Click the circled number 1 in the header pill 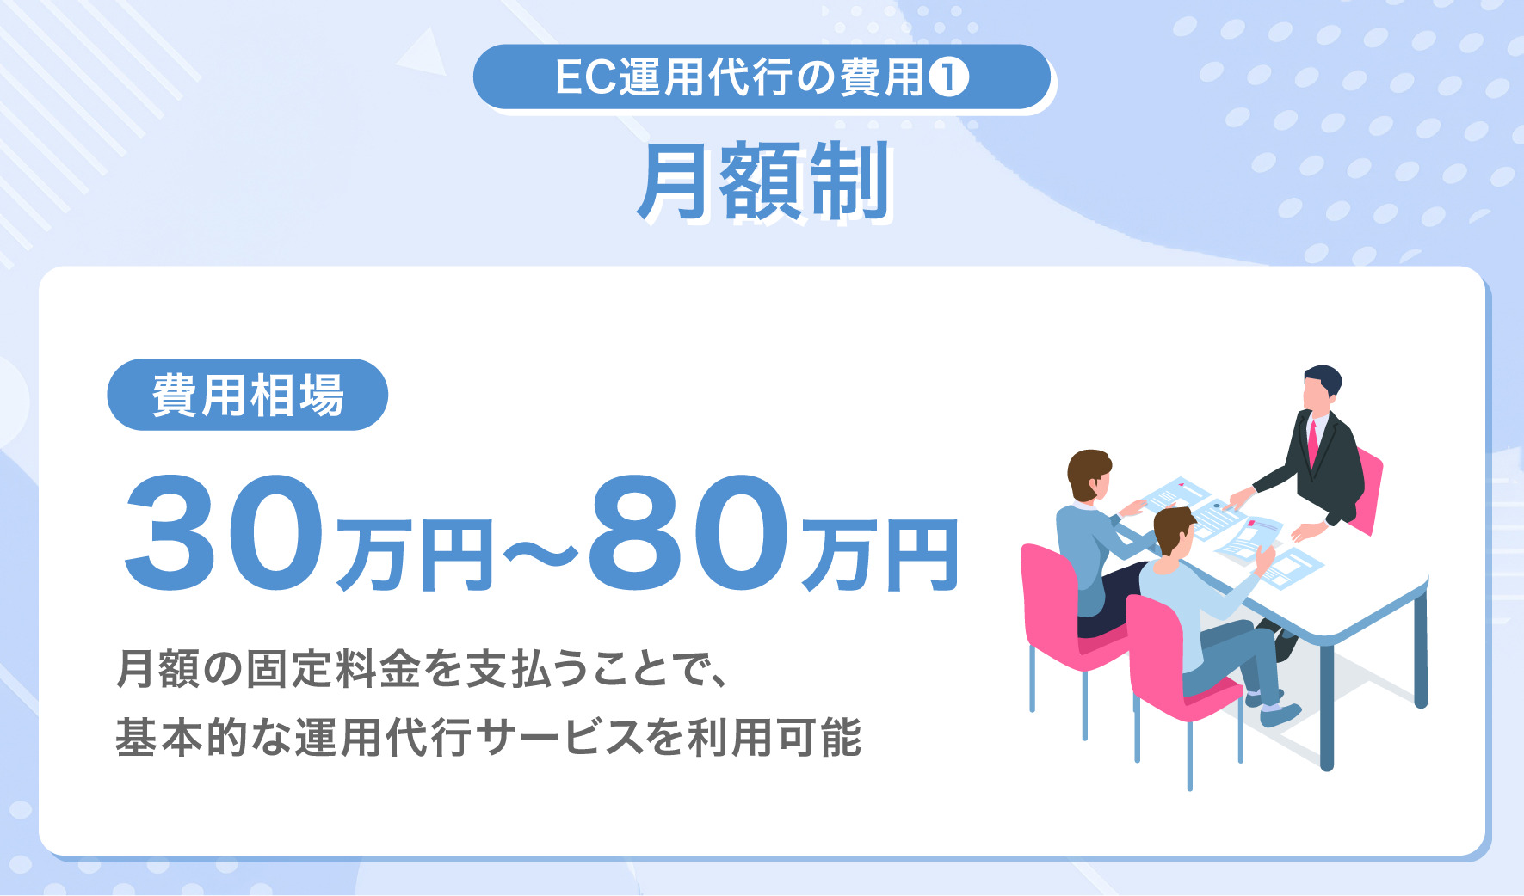point(949,77)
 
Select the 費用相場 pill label point(248,396)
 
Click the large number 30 point(225,535)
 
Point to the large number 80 point(688,535)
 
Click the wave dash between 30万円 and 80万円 point(540,555)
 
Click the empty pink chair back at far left point(1048,593)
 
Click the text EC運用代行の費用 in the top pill point(740,77)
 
